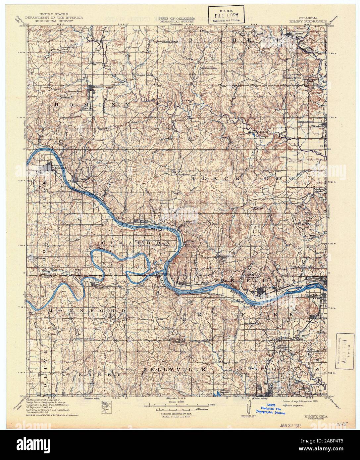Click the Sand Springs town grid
[x=263, y=292]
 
